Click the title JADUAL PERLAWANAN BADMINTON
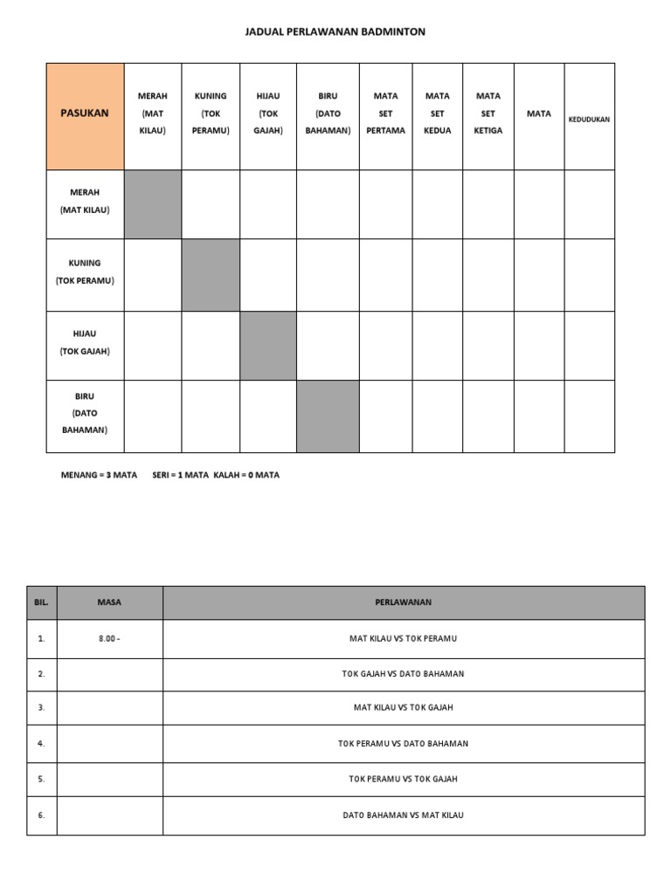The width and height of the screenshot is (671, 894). [335, 32]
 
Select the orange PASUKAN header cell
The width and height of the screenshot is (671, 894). [85, 113]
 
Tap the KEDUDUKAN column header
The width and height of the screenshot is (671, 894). [589, 120]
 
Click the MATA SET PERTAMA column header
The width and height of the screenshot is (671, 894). [385, 113]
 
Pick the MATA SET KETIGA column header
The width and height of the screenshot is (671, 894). [488, 113]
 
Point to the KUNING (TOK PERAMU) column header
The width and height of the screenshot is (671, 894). [210, 113]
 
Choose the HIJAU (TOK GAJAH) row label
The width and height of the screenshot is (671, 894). [85, 341]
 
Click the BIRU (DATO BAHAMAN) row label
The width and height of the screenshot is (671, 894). [85, 413]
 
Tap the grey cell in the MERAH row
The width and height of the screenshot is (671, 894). [152, 204]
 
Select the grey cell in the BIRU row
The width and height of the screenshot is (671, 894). [328, 416]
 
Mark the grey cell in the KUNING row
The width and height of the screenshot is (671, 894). [211, 275]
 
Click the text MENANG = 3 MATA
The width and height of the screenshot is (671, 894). [99, 476]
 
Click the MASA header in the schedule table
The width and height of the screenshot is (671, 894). [110, 602]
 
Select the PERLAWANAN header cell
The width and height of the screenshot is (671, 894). [403, 602]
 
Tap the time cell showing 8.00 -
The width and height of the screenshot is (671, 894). [110, 638]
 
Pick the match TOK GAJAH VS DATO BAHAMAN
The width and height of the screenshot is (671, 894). [403, 674]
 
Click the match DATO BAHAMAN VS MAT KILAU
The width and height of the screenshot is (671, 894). [403, 815]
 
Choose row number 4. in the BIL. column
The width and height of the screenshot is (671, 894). [41, 744]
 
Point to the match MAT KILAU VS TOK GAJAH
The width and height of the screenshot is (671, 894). [403, 708]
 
